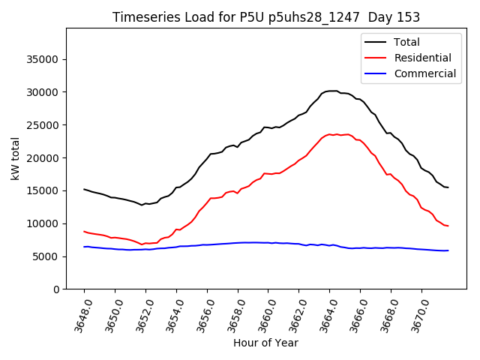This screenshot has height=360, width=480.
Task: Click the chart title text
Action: pos(266,17)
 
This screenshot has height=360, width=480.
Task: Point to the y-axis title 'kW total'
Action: pos(15,159)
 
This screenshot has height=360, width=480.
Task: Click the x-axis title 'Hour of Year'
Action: pos(265,343)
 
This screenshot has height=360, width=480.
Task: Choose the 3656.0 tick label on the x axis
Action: pos(204,313)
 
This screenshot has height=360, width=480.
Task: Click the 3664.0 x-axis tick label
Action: pos(327,313)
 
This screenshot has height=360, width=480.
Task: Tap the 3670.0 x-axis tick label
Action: pos(418,313)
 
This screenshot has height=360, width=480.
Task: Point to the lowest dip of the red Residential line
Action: pos(142,244)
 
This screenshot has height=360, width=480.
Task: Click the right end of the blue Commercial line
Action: pos(448,250)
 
